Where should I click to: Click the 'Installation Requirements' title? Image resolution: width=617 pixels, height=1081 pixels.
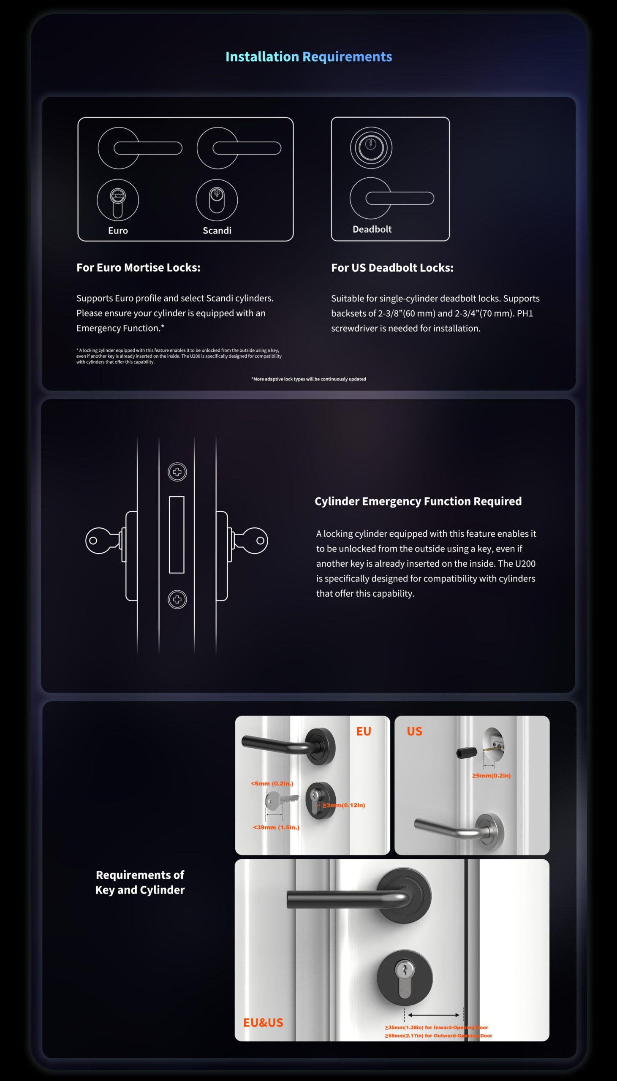click(308, 57)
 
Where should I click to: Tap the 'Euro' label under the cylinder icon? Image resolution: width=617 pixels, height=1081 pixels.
click(118, 231)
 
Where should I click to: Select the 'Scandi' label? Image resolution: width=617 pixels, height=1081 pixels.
click(217, 231)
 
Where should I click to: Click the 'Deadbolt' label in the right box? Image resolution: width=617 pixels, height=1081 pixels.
click(372, 229)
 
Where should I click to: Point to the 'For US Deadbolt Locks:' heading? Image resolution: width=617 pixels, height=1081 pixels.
click(392, 268)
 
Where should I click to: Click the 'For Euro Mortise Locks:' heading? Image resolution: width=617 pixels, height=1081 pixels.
click(138, 267)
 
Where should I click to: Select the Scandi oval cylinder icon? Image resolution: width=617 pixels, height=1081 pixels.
click(217, 200)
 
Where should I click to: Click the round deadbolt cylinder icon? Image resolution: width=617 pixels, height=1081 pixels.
click(371, 147)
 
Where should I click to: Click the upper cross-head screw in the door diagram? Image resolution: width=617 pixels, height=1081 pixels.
click(177, 471)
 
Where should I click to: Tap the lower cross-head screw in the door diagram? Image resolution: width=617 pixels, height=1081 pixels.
click(177, 599)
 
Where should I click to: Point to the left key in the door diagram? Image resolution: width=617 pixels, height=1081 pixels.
click(102, 540)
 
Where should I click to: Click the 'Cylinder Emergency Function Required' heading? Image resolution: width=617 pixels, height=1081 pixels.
click(418, 501)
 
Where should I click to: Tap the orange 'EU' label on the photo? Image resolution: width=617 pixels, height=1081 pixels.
click(364, 731)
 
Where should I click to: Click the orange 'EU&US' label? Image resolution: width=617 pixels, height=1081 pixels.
click(263, 1022)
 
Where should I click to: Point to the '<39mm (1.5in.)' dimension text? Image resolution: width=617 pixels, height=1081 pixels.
click(276, 827)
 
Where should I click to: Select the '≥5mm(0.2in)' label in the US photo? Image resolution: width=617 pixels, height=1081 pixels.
click(492, 776)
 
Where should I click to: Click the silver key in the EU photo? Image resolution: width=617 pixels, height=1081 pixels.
click(280, 800)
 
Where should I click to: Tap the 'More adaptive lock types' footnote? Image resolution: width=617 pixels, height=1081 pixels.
click(308, 379)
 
